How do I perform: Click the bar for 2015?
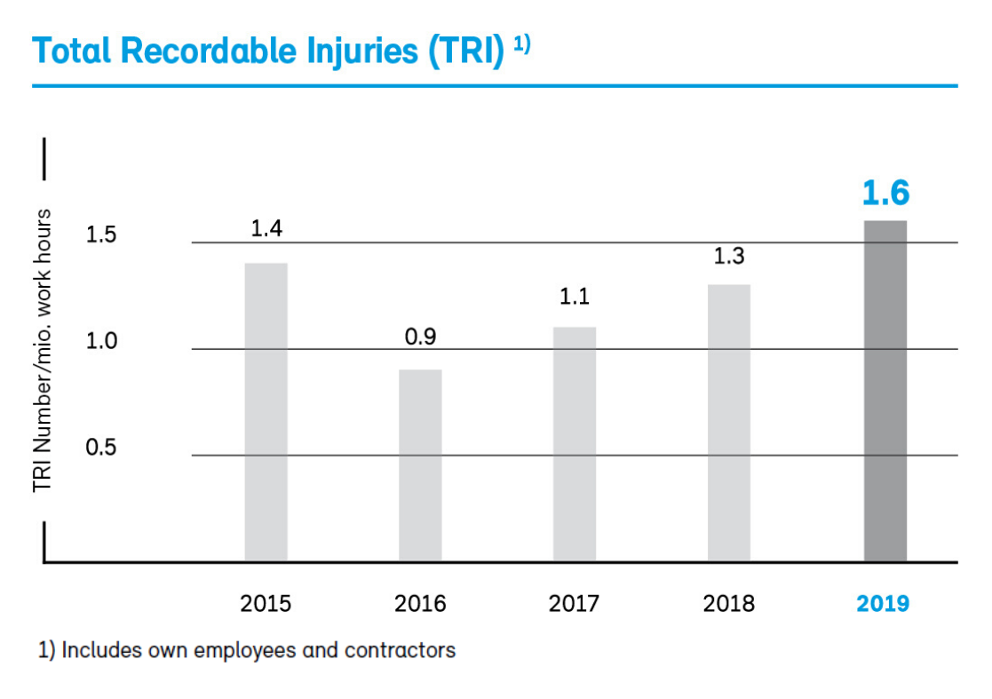[x=266, y=412]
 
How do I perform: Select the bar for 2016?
[x=420, y=465]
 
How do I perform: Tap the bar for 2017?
[x=574, y=444]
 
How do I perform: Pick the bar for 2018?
[x=728, y=423]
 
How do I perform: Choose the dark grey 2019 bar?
[x=885, y=391]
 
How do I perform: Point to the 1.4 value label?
[x=266, y=229]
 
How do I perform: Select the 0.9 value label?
[x=420, y=337]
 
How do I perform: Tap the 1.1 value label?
[x=574, y=297]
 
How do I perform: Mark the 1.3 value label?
[x=728, y=257]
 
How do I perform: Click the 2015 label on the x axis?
[x=266, y=604]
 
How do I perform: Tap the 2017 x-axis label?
[x=574, y=604]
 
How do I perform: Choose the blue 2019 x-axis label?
[x=883, y=604]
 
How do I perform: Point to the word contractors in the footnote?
[x=401, y=650]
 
